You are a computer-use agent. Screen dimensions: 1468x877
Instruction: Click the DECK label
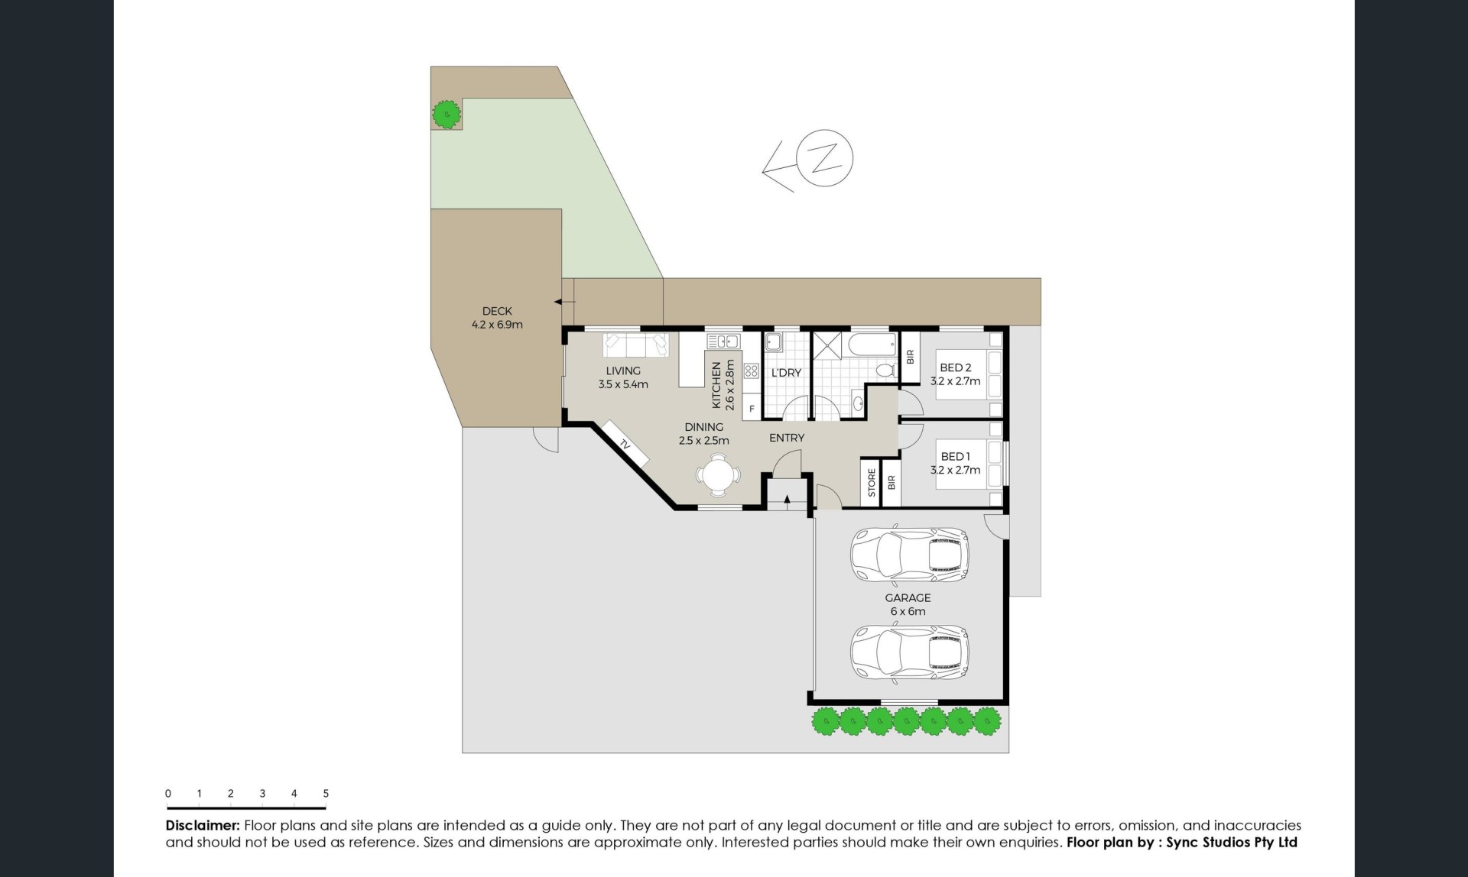(x=497, y=311)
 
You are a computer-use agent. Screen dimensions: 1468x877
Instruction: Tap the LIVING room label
(x=623, y=371)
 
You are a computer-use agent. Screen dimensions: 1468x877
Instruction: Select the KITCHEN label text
(x=716, y=385)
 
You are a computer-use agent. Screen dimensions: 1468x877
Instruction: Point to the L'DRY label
(x=786, y=373)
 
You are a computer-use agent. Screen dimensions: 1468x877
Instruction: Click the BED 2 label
(x=956, y=367)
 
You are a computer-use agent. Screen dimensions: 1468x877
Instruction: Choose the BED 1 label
(x=956, y=456)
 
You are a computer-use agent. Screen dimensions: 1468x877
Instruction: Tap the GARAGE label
(x=908, y=597)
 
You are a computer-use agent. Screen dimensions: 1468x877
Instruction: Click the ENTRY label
(x=787, y=438)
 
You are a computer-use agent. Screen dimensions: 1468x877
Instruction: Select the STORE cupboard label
(x=872, y=483)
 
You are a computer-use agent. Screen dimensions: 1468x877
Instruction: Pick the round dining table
(x=718, y=475)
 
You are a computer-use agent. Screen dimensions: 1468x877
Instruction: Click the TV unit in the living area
(x=625, y=443)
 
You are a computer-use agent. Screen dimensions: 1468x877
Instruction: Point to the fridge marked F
(x=752, y=409)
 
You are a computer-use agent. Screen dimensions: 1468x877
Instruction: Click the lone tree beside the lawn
(x=446, y=115)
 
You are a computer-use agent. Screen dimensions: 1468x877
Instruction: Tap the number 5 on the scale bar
(x=326, y=794)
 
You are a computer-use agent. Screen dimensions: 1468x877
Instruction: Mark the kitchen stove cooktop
(x=751, y=371)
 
